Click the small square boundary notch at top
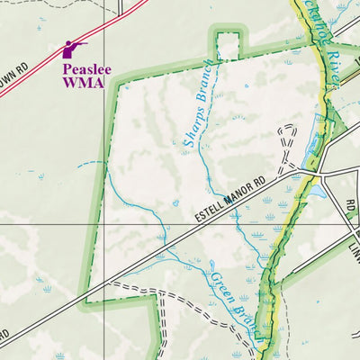pyautogui.click(x=229, y=43)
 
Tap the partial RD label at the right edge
pyautogui.click(x=350, y=208)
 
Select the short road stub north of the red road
pyautogui.click(x=120, y=7)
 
